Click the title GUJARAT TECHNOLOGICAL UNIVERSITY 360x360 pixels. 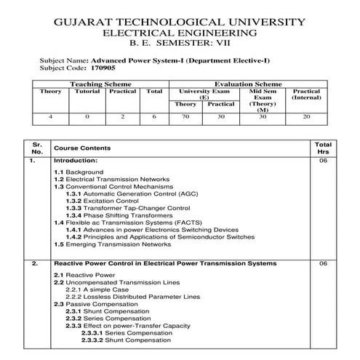pyautogui.click(x=180, y=22)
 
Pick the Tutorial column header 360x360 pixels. pyautogui.click(x=87, y=92)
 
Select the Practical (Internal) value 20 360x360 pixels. pyautogui.click(x=305, y=116)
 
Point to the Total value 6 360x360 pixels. pyautogui.click(x=153, y=116)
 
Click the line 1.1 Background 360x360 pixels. pyautogui.click(x=79, y=172)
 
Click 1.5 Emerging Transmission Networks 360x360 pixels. pyautogui.click(x=112, y=244)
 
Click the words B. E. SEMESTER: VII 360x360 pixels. pyautogui.click(x=180, y=44)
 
